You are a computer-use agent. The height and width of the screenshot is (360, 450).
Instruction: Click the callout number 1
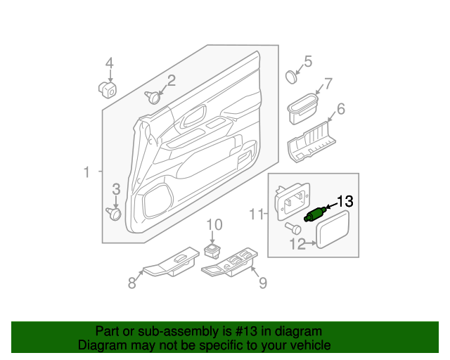[x=86, y=172]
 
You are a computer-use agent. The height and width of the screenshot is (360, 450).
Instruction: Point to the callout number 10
[x=214, y=225]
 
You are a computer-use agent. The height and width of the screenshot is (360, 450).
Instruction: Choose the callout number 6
[x=341, y=109]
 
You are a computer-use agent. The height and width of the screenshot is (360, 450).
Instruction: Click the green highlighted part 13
[x=314, y=214]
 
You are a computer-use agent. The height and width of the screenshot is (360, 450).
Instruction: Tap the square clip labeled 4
[x=108, y=89]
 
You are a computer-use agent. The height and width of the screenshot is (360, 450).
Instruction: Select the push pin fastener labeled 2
[x=153, y=96]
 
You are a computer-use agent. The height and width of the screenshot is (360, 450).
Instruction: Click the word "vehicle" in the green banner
[x=306, y=345]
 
